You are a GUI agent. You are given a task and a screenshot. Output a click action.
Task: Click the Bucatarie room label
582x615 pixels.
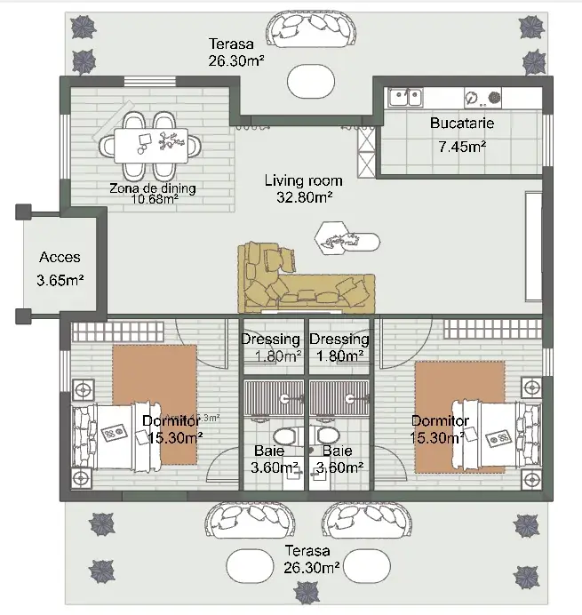(462, 124)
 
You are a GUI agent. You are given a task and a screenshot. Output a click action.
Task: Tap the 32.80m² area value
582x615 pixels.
(299, 197)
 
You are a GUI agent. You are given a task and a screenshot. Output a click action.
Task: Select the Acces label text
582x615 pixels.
(60, 258)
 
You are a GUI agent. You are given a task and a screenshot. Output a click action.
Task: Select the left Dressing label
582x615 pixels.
(271, 339)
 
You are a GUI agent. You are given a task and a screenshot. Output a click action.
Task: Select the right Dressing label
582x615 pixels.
(339, 339)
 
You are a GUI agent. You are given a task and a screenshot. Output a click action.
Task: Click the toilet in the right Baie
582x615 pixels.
(329, 435)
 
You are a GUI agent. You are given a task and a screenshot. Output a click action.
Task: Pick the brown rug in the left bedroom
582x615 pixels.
(155, 403)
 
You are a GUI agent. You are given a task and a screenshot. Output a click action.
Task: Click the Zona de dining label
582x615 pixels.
(153, 188)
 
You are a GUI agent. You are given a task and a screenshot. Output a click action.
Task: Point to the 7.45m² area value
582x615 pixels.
(462, 146)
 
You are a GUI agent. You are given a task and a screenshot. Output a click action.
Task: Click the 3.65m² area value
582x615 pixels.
(60, 281)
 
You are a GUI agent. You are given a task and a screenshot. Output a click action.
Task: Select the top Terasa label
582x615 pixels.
(231, 43)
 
